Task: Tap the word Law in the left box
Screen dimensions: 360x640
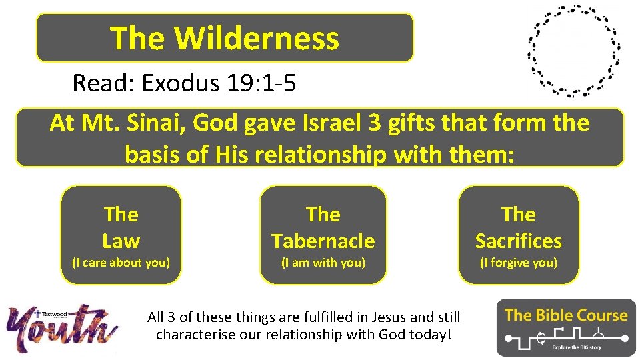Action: click(121, 241)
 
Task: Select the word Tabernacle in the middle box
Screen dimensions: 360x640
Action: click(323, 241)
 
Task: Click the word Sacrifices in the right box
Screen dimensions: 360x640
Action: click(518, 241)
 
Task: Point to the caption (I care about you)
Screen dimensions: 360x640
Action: click(121, 263)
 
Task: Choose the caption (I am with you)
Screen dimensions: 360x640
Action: click(323, 263)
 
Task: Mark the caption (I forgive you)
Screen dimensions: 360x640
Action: click(518, 263)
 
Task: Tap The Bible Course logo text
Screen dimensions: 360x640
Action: click(566, 315)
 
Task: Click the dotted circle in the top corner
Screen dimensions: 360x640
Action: click(573, 51)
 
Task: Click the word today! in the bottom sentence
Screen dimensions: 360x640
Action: click(431, 334)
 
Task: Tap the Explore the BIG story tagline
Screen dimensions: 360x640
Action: click(577, 347)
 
